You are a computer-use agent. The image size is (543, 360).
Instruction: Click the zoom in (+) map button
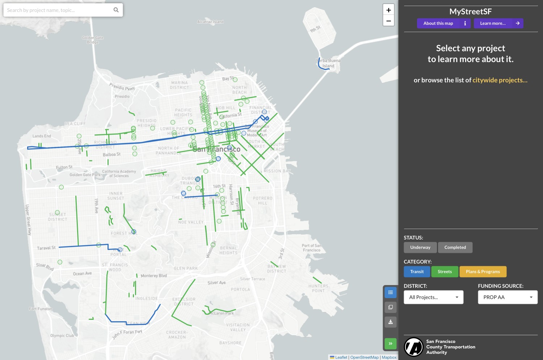tap(388, 10)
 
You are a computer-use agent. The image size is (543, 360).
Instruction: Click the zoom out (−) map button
tap(388, 21)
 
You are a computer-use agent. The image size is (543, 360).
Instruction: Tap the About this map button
tap(443, 24)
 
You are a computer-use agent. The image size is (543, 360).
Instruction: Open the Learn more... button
tap(498, 24)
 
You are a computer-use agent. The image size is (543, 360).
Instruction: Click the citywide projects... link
tap(500, 80)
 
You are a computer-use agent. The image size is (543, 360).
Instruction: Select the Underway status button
tap(420, 247)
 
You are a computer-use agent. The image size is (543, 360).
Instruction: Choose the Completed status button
tap(455, 247)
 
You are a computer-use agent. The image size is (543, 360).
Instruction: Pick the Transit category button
tap(417, 272)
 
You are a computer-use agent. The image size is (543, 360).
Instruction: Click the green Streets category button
tap(445, 272)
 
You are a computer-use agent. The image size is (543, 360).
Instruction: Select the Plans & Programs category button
tap(483, 272)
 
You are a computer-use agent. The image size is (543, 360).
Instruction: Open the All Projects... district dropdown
tap(433, 297)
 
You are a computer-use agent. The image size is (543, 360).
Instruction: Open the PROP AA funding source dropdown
tap(508, 297)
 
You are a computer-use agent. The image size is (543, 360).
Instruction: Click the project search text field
tap(58, 10)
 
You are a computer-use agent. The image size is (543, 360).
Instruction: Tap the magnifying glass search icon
tap(116, 10)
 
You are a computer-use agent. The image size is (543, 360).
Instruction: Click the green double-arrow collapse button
tap(390, 343)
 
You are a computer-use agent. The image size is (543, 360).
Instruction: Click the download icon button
tap(390, 322)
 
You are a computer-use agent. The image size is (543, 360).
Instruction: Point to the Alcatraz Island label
tap(210, 22)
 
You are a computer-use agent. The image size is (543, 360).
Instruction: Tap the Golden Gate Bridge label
tap(93, 40)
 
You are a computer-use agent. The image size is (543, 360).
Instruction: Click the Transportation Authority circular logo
tap(413, 347)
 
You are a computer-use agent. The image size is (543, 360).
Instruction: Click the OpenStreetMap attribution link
tap(364, 357)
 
